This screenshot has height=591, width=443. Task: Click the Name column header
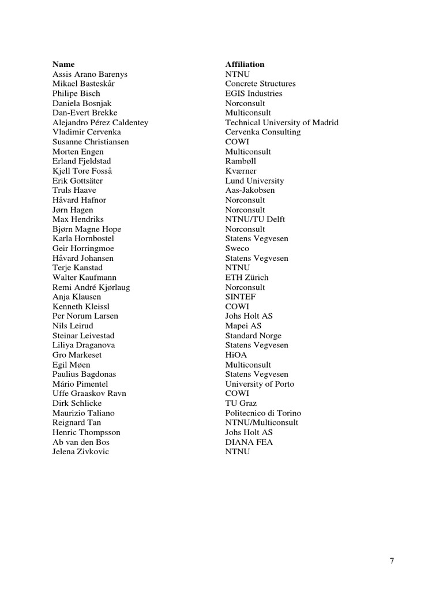[63, 64]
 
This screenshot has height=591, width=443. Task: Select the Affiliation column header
[245, 64]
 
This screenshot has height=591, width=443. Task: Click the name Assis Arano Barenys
[90, 74]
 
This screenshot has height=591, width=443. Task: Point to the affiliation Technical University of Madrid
[281, 122]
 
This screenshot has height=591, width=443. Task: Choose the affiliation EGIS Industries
[254, 93]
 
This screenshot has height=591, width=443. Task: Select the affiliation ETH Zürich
[246, 278]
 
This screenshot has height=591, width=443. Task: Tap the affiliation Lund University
[254, 181]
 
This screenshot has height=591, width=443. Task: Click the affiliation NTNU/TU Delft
[255, 219]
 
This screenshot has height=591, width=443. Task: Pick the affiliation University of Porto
[260, 384]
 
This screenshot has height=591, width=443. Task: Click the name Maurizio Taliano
[84, 413]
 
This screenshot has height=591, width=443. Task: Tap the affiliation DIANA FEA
[249, 442]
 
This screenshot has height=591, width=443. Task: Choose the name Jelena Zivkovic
[81, 452]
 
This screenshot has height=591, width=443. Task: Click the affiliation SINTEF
[240, 297]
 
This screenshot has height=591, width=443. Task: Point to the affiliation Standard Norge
[253, 336]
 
